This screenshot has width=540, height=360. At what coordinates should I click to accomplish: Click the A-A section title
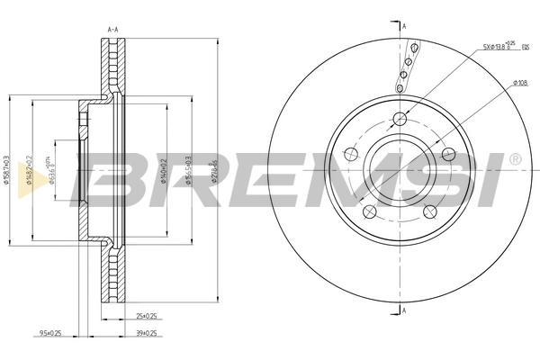114,30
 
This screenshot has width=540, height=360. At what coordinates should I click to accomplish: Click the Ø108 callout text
519,83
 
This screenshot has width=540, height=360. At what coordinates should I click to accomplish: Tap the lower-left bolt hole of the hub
369,212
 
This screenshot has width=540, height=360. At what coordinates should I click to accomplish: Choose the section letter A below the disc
405,311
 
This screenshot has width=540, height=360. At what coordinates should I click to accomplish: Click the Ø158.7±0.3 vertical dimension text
8,170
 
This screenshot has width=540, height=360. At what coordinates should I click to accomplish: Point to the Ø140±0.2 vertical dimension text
162,170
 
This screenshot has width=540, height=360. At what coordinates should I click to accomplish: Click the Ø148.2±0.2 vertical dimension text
30,170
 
